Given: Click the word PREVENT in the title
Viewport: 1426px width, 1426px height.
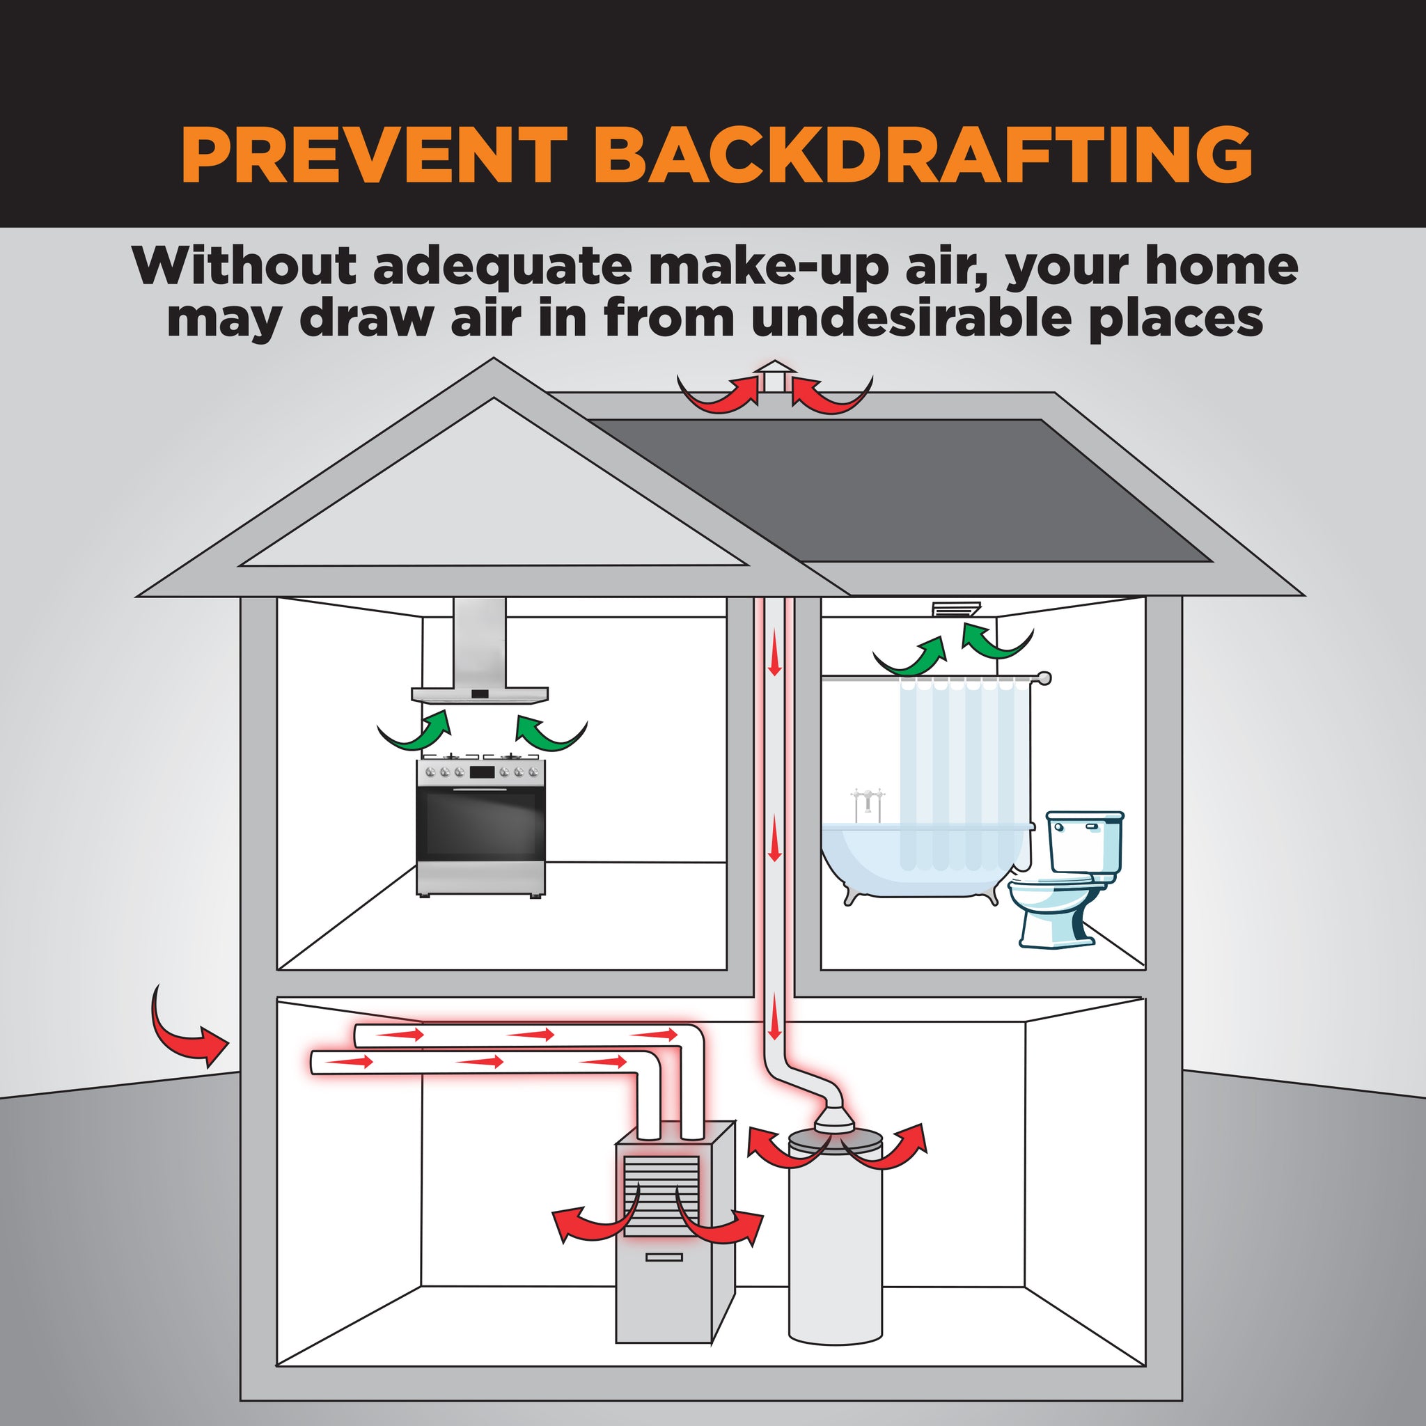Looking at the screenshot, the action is tap(373, 155).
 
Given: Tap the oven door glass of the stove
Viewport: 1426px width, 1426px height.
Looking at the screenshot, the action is tap(480, 825).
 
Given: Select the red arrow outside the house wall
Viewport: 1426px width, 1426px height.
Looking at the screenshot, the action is tap(186, 1030).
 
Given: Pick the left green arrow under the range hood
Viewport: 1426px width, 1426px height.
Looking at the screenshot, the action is tap(417, 733).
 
